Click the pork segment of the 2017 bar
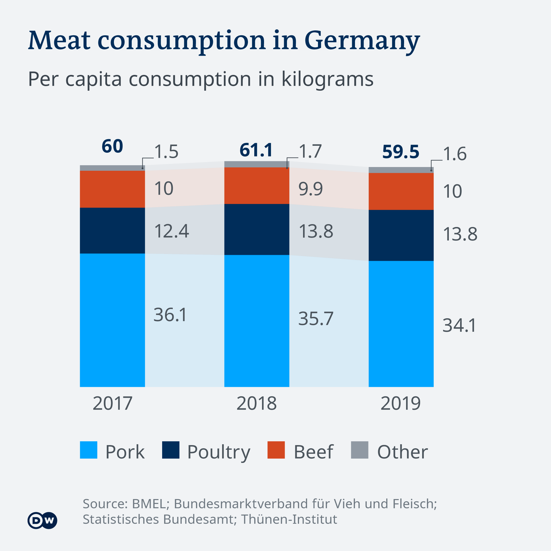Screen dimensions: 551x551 click(x=112, y=320)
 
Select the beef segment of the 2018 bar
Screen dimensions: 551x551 click(x=257, y=186)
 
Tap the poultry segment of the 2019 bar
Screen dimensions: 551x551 click(x=401, y=235)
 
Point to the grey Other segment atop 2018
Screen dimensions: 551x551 click(x=257, y=164)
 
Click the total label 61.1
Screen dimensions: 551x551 click(x=256, y=150)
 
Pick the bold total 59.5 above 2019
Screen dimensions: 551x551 click(x=401, y=152)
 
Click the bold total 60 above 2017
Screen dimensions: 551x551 click(x=112, y=146)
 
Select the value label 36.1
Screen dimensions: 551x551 click(x=170, y=315)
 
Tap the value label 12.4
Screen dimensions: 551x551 click(x=171, y=231)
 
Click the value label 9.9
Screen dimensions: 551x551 click(x=311, y=189)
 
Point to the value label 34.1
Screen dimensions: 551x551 click(x=459, y=325)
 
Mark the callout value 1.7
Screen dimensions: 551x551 click(x=310, y=151)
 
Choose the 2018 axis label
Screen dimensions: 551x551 click(x=257, y=403)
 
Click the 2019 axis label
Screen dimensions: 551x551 click(x=401, y=403)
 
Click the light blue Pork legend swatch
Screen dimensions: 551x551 click(x=88, y=450)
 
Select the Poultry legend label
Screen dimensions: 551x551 click(x=219, y=452)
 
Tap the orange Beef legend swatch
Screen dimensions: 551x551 click(x=276, y=450)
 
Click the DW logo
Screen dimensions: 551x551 click(x=42, y=520)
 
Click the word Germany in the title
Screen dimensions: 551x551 click(x=362, y=41)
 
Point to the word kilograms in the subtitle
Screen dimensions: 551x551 click(x=327, y=79)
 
